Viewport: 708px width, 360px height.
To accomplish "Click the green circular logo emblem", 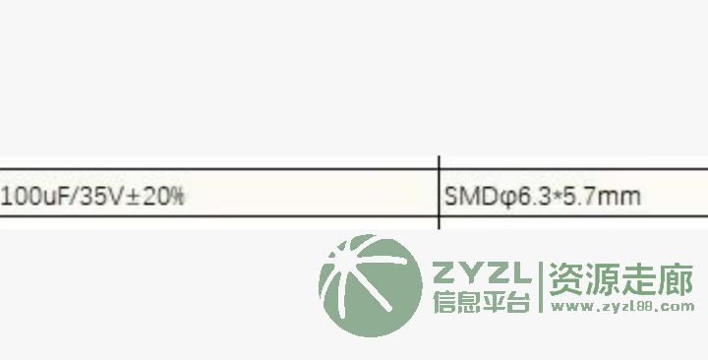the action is [371, 285].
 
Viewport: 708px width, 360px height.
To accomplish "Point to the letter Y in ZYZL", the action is [470, 272].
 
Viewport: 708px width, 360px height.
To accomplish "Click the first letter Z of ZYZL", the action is [444, 272].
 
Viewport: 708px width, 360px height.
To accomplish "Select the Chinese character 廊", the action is [675, 280].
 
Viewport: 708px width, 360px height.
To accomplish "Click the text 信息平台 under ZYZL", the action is [481, 301].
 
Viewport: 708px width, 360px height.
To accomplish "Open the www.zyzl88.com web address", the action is [622, 307].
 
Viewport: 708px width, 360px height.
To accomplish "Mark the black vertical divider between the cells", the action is [439, 193].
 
